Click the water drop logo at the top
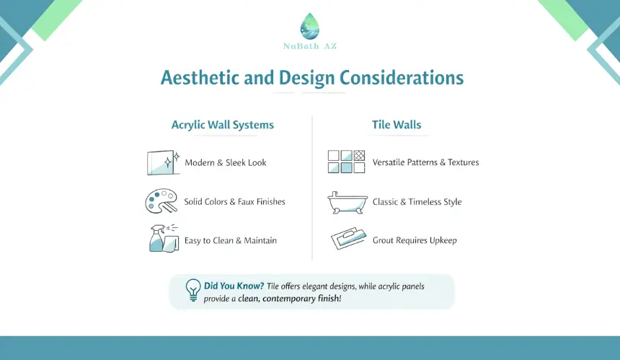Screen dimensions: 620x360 [x=309, y=26]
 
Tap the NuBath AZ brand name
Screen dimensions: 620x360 [x=310, y=46]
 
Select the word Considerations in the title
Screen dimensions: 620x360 [x=402, y=77]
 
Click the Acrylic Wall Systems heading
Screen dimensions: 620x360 [x=223, y=125]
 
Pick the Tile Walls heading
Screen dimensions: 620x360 [x=397, y=125]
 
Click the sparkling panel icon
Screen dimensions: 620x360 [x=164, y=162]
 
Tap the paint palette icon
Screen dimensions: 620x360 [x=161, y=201]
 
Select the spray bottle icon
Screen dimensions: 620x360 [x=164, y=239]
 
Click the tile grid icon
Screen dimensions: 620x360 [x=346, y=162]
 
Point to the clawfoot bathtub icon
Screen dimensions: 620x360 [x=347, y=203]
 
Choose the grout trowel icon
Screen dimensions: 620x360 [x=349, y=238]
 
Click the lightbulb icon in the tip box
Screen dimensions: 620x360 [x=193, y=290]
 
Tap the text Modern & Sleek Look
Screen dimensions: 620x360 [x=226, y=162]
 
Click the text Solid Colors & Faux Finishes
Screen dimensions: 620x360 [x=234, y=202]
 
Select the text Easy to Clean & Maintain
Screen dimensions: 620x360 [x=231, y=240]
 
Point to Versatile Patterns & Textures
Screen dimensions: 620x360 [x=425, y=162]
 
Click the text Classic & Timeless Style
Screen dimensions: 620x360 [x=417, y=202]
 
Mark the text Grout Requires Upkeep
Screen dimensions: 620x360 [x=415, y=240]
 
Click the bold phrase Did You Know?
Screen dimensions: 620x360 [x=234, y=286]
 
